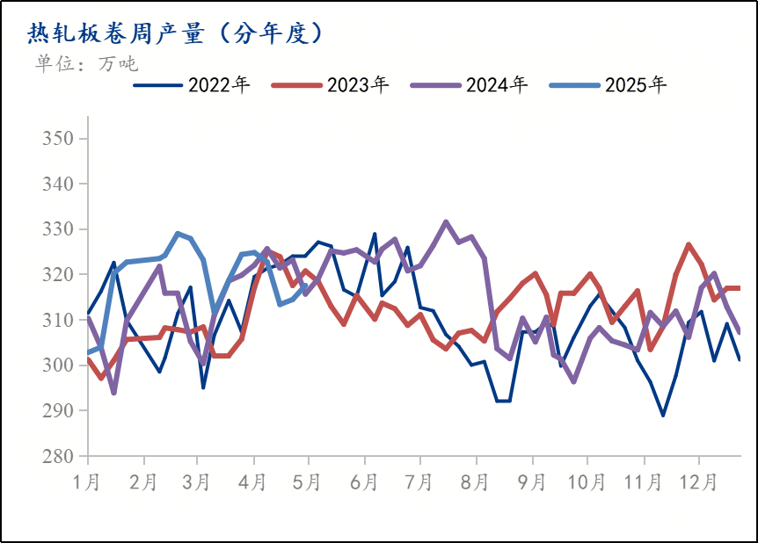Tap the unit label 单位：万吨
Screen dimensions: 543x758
86,63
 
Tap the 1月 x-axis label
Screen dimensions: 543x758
88,482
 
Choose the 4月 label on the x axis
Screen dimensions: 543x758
253,482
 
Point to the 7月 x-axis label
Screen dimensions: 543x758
419,482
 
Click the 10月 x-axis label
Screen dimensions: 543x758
587,482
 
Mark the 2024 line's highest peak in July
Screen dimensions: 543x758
446,221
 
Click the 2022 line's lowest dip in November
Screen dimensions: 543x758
663,416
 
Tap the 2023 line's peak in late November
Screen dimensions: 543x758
689,244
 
